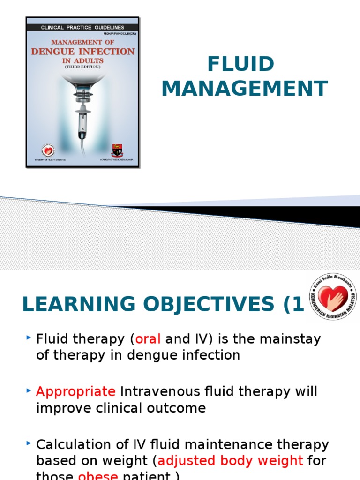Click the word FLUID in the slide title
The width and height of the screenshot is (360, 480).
[240, 64]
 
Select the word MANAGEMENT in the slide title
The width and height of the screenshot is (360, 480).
[244, 89]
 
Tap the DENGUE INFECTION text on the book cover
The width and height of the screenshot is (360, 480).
[83, 52]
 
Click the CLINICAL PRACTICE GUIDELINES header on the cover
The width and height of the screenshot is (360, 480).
[82, 28]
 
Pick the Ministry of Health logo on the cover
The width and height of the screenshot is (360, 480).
[48, 150]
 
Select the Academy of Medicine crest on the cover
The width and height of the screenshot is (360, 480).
[117, 150]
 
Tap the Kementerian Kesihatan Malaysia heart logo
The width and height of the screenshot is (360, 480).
[333, 298]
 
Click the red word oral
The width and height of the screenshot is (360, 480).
[148, 339]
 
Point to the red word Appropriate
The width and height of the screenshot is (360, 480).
[76, 391]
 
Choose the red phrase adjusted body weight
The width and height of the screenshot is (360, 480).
[230, 460]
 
